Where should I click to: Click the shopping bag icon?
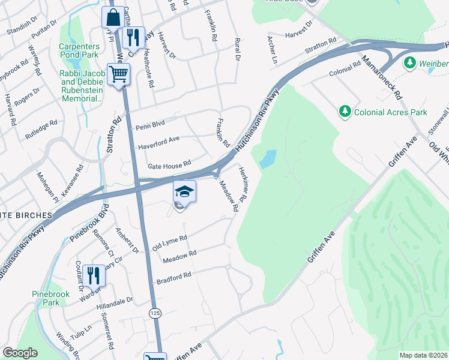113,18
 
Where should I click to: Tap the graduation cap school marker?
185,192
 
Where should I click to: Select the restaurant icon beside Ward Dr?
94,275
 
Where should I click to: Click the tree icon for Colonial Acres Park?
345,110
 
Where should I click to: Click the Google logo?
20,353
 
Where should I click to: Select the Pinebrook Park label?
51,299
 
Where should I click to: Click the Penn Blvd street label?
149,127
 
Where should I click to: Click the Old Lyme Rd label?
170,242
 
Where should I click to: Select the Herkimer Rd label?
243,183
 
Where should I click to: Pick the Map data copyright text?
423,355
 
